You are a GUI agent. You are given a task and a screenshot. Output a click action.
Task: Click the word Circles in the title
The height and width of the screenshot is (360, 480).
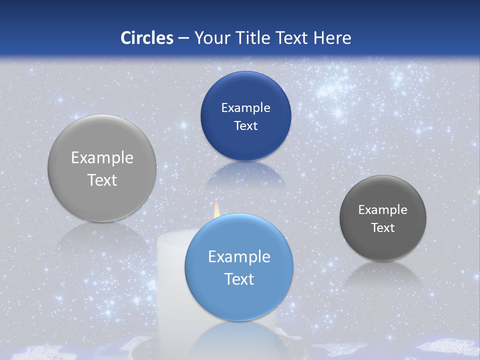[147, 38]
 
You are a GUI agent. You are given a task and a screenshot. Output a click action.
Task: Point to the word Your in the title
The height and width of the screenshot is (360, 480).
[211, 38]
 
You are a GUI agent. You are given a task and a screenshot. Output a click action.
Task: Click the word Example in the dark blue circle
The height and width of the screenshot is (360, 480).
[245, 108]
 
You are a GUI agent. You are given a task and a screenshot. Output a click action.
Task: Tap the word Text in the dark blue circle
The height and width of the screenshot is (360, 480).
[245, 126]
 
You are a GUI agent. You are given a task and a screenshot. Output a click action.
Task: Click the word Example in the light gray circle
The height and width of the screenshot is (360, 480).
[102, 158]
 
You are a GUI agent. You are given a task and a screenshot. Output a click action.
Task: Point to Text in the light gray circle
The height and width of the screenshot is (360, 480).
[102, 180]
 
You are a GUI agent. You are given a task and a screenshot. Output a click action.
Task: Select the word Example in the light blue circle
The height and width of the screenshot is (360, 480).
[239, 257]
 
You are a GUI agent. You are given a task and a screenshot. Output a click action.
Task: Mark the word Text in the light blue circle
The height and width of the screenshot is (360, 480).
[239, 279]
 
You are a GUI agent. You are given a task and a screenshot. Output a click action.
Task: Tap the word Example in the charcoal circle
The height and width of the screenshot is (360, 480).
[383, 210]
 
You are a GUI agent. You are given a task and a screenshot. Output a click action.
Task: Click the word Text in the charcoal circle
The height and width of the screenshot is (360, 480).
[383, 228]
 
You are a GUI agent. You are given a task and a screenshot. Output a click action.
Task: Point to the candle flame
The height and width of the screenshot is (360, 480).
[217, 209]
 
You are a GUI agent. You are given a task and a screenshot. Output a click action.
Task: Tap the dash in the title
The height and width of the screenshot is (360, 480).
[183, 38]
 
